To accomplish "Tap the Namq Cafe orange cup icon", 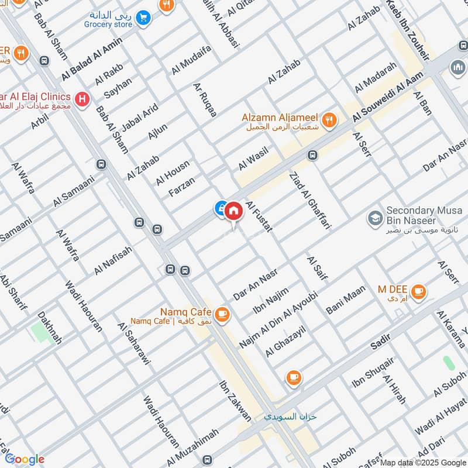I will pyautogui.click(x=222, y=315).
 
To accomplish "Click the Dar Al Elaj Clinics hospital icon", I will pyautogui.click(x=83, y=99).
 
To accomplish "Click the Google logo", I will pyautogui.click(x=24, y=459).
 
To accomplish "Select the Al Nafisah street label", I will pyautogui.click(x=113, y=260).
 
